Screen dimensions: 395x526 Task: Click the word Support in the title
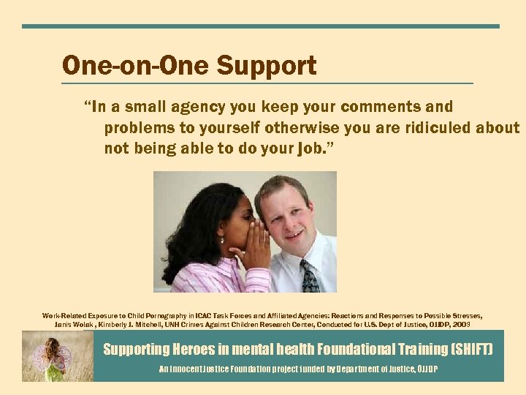(x=266, y=67)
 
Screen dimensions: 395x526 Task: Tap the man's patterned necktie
(x=310, y=276)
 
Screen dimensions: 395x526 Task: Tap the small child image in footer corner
(x=57, y=356)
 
